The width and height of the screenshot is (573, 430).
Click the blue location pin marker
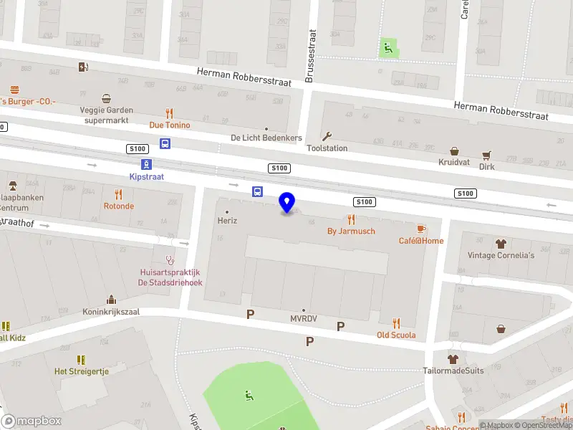pyautogui.click(x=287, y=203)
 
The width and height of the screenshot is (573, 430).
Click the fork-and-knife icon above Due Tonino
pyautogui.click(x=169, y=113)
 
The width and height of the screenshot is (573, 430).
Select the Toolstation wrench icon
pyautogui.click(x=327, y=136)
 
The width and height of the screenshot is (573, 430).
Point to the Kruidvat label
pyautogui.click(x=454, y=163)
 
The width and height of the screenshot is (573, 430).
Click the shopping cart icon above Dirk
pyautogui.click(x=487, y=155)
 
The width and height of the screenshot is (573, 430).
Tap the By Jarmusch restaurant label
pyautogui.click(x=351, y=231)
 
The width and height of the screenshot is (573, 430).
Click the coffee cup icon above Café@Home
pyautogui.click(x=421, y=229)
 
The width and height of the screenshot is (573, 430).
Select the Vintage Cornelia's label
pyautogui.click(x=501, y=255)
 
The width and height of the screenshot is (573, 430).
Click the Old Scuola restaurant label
pyautogui.click(x=396, y=335)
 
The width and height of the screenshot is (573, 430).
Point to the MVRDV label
pyautogui.click(x=304, y=318)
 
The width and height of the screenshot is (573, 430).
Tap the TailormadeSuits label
pyautogui.click(x=453, y=371)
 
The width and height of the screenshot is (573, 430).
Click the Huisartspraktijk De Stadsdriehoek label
pyautogui.click(x=170, y=277)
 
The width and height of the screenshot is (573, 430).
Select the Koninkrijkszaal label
pyautogui.click(x=111, y=312)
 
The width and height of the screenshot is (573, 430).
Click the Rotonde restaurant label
pyautogui.click(x=118, y=206)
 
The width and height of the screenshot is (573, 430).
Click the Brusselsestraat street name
pyautogui.click(x=310, y=56)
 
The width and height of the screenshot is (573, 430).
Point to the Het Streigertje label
pyautogui.click(x=81, y=371)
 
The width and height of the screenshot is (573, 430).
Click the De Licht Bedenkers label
pyautogui.click(x=266, y=138)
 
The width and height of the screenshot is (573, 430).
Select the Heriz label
pyautogui.click(x=227, y=221)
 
